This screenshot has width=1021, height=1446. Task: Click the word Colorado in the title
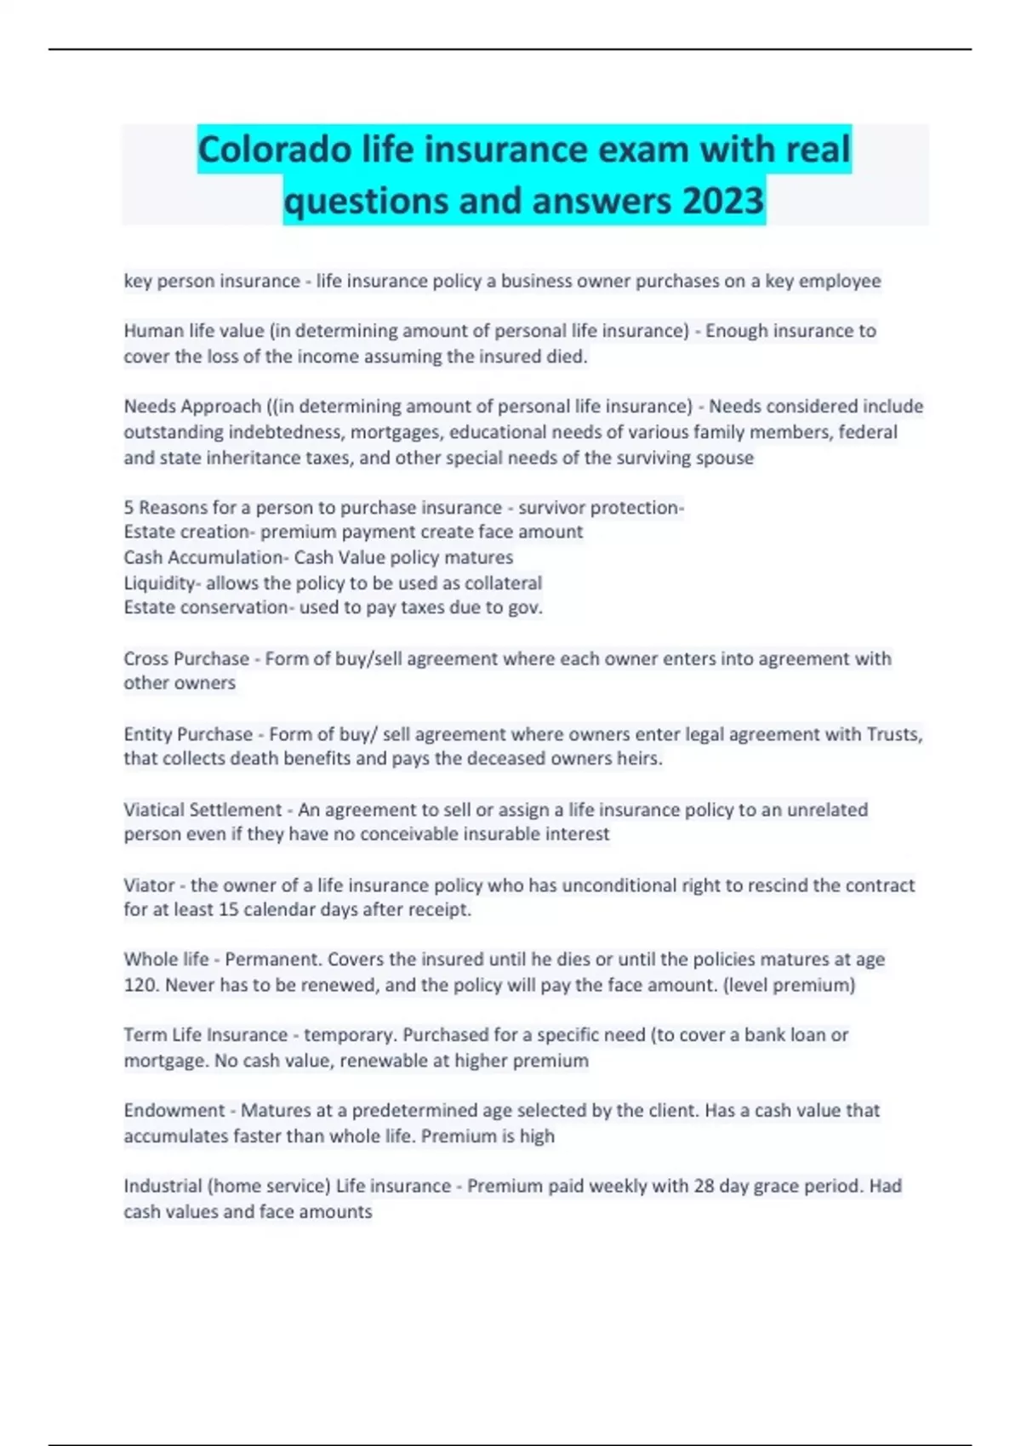(x=275, y=150)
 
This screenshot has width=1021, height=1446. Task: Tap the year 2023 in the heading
(x=722, y=202)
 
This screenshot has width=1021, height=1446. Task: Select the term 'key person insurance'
(x=212, y=282)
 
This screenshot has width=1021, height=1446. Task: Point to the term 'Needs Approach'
(x=192, y=407)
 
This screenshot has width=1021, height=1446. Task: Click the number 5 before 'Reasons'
(x=128, y=508)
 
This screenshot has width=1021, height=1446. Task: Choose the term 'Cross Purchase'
(x=186, y=659)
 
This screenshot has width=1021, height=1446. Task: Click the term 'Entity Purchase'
(x=188, y=734)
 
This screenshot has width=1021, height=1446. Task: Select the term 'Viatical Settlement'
(x=202, y=810)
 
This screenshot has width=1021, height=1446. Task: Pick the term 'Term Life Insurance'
(x=206, y=1035)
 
